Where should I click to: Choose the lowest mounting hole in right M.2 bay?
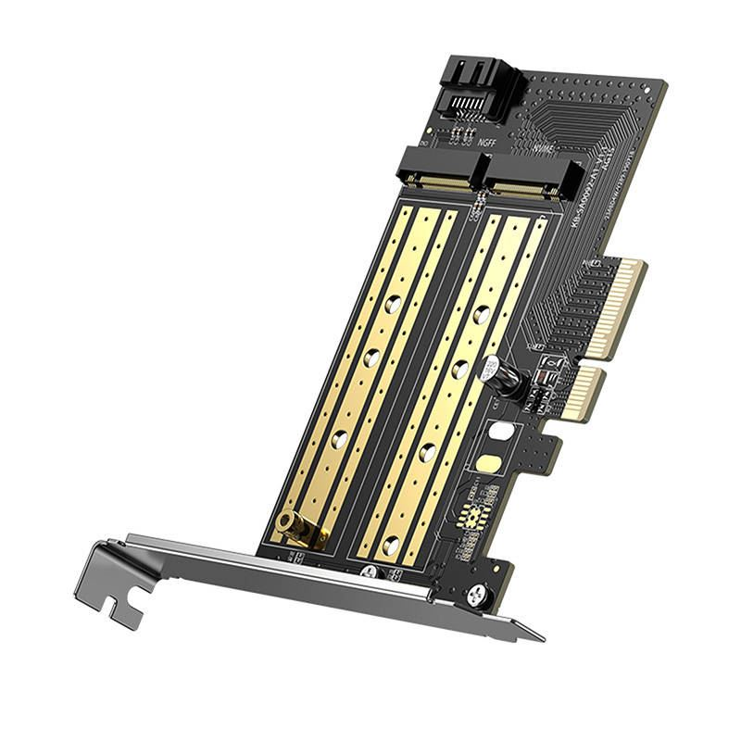tap(392, 546)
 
